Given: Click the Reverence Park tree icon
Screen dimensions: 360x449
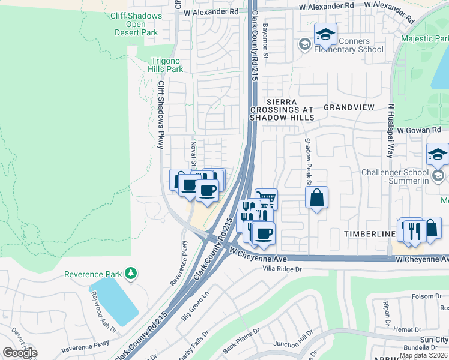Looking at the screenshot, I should coord(130,274).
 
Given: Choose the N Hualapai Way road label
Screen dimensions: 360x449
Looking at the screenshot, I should coord(391,130).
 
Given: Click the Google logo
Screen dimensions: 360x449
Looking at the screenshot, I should coord(20,353).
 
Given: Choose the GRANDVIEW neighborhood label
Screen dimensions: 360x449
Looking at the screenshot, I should coord(349,107).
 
